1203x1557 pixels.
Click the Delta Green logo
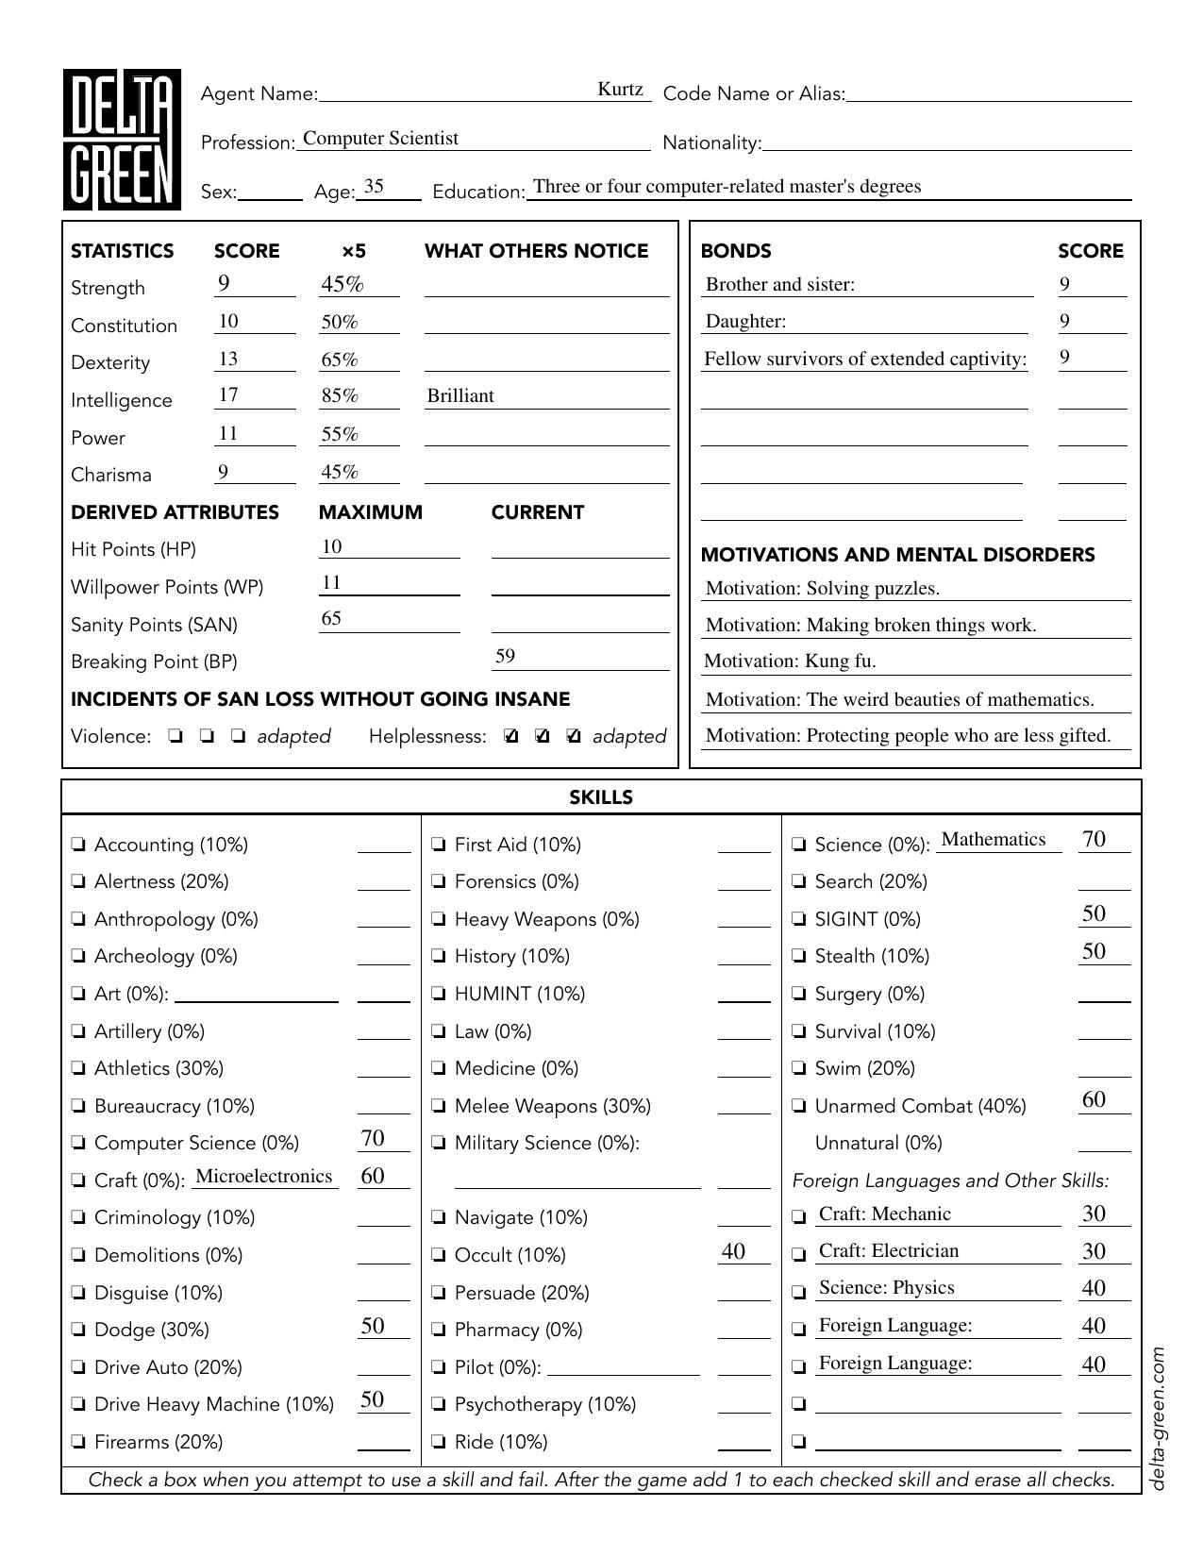pos(122,140)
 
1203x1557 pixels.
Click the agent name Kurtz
pos(620,90)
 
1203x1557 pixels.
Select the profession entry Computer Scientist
pos(380,139)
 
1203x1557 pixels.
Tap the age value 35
pos(374,187)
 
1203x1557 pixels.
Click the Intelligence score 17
pos(228,395)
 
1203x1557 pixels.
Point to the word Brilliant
pos(460,396)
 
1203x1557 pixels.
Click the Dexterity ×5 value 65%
pos(340,360)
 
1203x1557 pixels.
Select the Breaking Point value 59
pos(505,657)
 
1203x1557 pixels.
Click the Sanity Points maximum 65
pos(331,619)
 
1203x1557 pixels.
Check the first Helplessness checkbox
pos(511,737)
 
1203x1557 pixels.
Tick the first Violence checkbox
pos(175,737)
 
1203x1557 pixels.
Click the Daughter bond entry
pos(745,322)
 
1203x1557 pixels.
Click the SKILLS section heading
pos(601,797)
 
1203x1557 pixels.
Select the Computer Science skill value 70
pos(373,1139)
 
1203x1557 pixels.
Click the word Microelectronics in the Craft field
pos(263,1177)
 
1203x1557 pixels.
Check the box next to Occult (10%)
pos(439,1256)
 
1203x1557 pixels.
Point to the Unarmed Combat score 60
pos(1094,1100)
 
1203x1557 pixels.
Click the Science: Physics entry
pos(886,1288)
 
